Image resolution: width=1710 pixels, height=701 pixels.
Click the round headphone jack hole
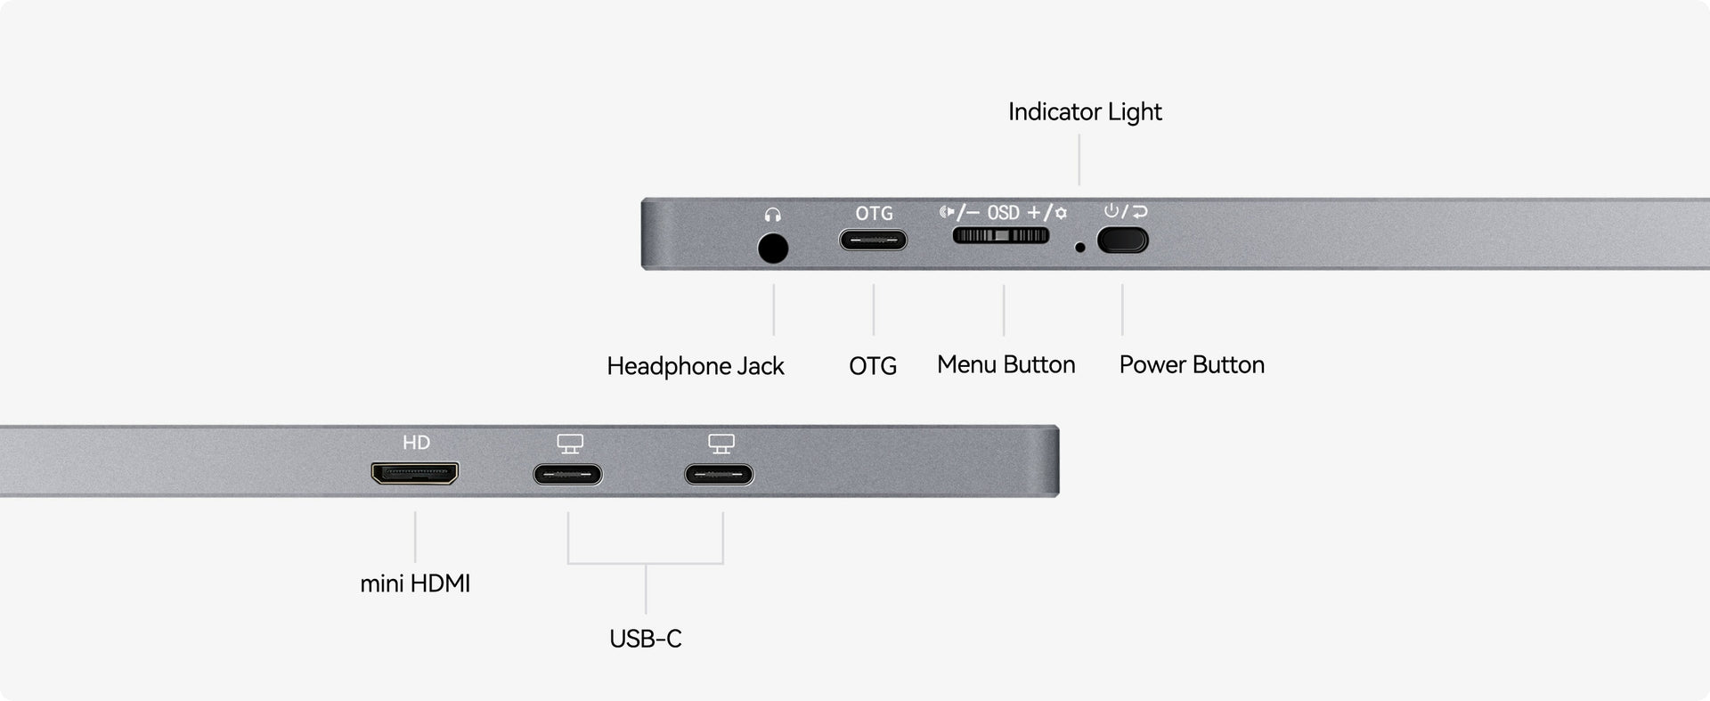click(773, 248)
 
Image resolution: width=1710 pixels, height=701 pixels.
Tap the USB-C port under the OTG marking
click(873, 240)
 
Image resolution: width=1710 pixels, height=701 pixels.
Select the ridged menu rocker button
click(1001, 235)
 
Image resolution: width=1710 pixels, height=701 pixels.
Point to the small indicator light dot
click(1080, 248)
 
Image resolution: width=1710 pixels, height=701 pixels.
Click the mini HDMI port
click(415, 473)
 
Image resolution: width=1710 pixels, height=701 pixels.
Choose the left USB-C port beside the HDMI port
click(567, 475)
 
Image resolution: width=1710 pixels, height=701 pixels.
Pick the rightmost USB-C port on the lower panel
click(719, 475)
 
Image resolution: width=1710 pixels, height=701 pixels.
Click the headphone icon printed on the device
click(772, 215)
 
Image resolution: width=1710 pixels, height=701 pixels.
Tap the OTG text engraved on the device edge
click(874, 214)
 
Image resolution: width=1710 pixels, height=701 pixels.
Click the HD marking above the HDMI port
click(416, 443)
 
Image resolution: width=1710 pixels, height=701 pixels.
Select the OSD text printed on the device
click(1003, 213)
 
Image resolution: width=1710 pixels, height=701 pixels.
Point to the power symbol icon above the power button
click(1111, 211)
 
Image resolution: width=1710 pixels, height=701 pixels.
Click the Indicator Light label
click(1085, 112)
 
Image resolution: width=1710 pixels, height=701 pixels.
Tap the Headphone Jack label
click(696, 366)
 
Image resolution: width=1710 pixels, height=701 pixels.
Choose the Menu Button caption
click(1006, 364)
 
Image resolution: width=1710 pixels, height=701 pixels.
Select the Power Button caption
click(1192, 364)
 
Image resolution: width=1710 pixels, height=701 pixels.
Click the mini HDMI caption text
click(415, 583)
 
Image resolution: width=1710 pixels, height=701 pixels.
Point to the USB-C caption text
click(646, 639)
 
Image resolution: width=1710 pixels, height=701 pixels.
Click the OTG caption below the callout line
click(873, 366)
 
